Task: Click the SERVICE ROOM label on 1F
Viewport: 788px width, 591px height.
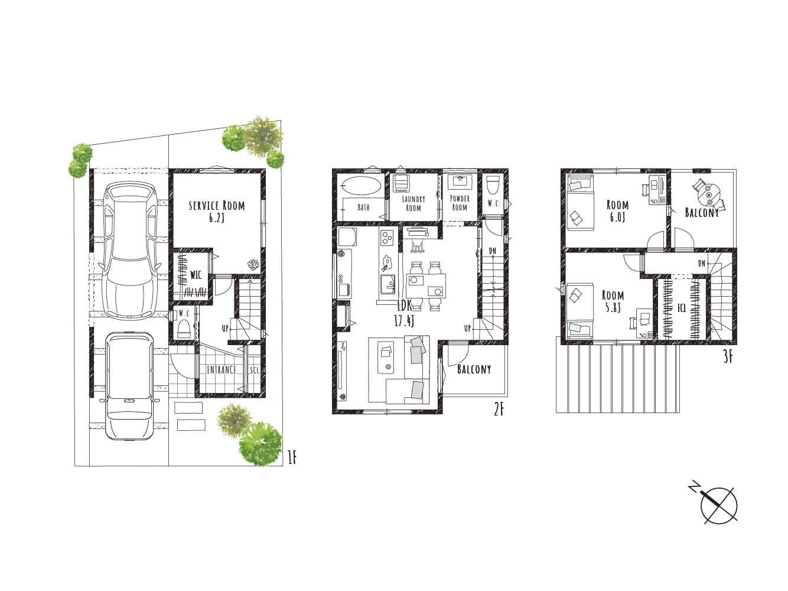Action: point(217,212)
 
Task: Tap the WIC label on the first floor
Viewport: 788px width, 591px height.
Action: point(196,275)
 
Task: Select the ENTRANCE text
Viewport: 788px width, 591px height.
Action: point(222,369)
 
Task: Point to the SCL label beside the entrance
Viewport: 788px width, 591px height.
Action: point(254,370)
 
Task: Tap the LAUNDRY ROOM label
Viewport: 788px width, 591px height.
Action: point(413,203)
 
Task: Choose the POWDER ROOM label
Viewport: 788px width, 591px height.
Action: point(460,203)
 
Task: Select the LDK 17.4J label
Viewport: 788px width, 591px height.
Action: point(405,313)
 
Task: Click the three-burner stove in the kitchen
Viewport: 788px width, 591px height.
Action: point(387,238)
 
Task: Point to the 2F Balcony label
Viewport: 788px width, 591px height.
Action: point(474,369)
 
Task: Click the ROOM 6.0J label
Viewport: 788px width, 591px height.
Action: point(617,211)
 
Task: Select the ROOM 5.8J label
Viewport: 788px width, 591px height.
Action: point(613,301)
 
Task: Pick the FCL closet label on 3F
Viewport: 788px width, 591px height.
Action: point(682,308)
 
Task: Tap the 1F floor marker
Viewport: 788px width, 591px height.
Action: point(292,457)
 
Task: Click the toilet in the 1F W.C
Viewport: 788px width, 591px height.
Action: point(184,329)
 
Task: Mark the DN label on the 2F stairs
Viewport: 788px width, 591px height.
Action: point(493,251)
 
